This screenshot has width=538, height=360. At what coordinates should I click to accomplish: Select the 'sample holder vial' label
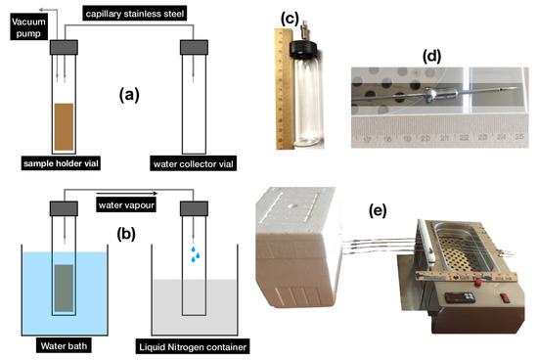[59, 161]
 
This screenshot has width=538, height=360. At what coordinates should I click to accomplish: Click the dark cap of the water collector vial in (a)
[191, 46]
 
